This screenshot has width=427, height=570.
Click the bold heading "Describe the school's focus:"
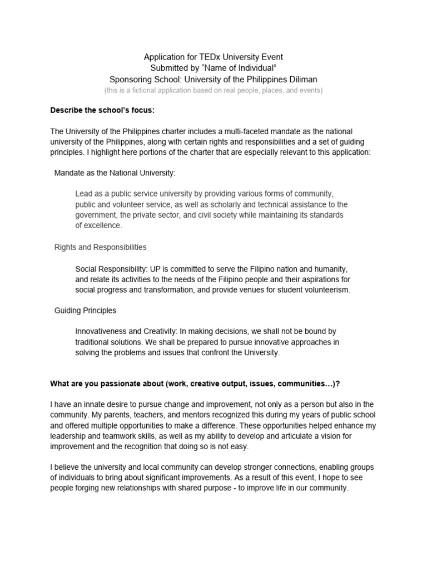[102, 110]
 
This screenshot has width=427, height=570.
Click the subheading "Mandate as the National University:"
[115, 173]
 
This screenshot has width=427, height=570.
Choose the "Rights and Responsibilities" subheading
[100, 247]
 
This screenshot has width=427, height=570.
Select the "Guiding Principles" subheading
[85, 310]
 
